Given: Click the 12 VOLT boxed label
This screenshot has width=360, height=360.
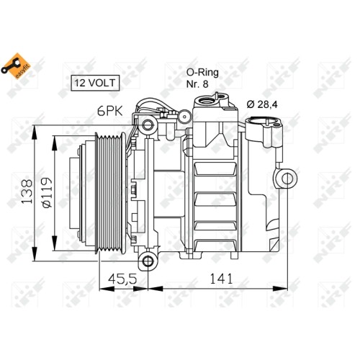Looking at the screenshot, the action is (95, 83).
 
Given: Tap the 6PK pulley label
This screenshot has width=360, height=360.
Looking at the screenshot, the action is (110, 111).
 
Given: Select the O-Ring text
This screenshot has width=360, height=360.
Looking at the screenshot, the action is (202, 73).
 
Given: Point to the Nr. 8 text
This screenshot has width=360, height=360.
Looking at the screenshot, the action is (197, 84).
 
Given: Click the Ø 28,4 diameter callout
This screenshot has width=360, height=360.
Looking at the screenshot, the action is (262, 104).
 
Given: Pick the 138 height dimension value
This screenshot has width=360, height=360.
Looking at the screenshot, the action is (27, 192).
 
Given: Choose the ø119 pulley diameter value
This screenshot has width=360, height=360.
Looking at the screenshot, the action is (46, 192).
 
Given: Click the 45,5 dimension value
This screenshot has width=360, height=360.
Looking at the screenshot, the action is (122, 279).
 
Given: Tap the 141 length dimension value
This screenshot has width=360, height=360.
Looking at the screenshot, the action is (221, 279).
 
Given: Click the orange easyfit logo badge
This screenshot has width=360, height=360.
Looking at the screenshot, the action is (16, 66).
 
